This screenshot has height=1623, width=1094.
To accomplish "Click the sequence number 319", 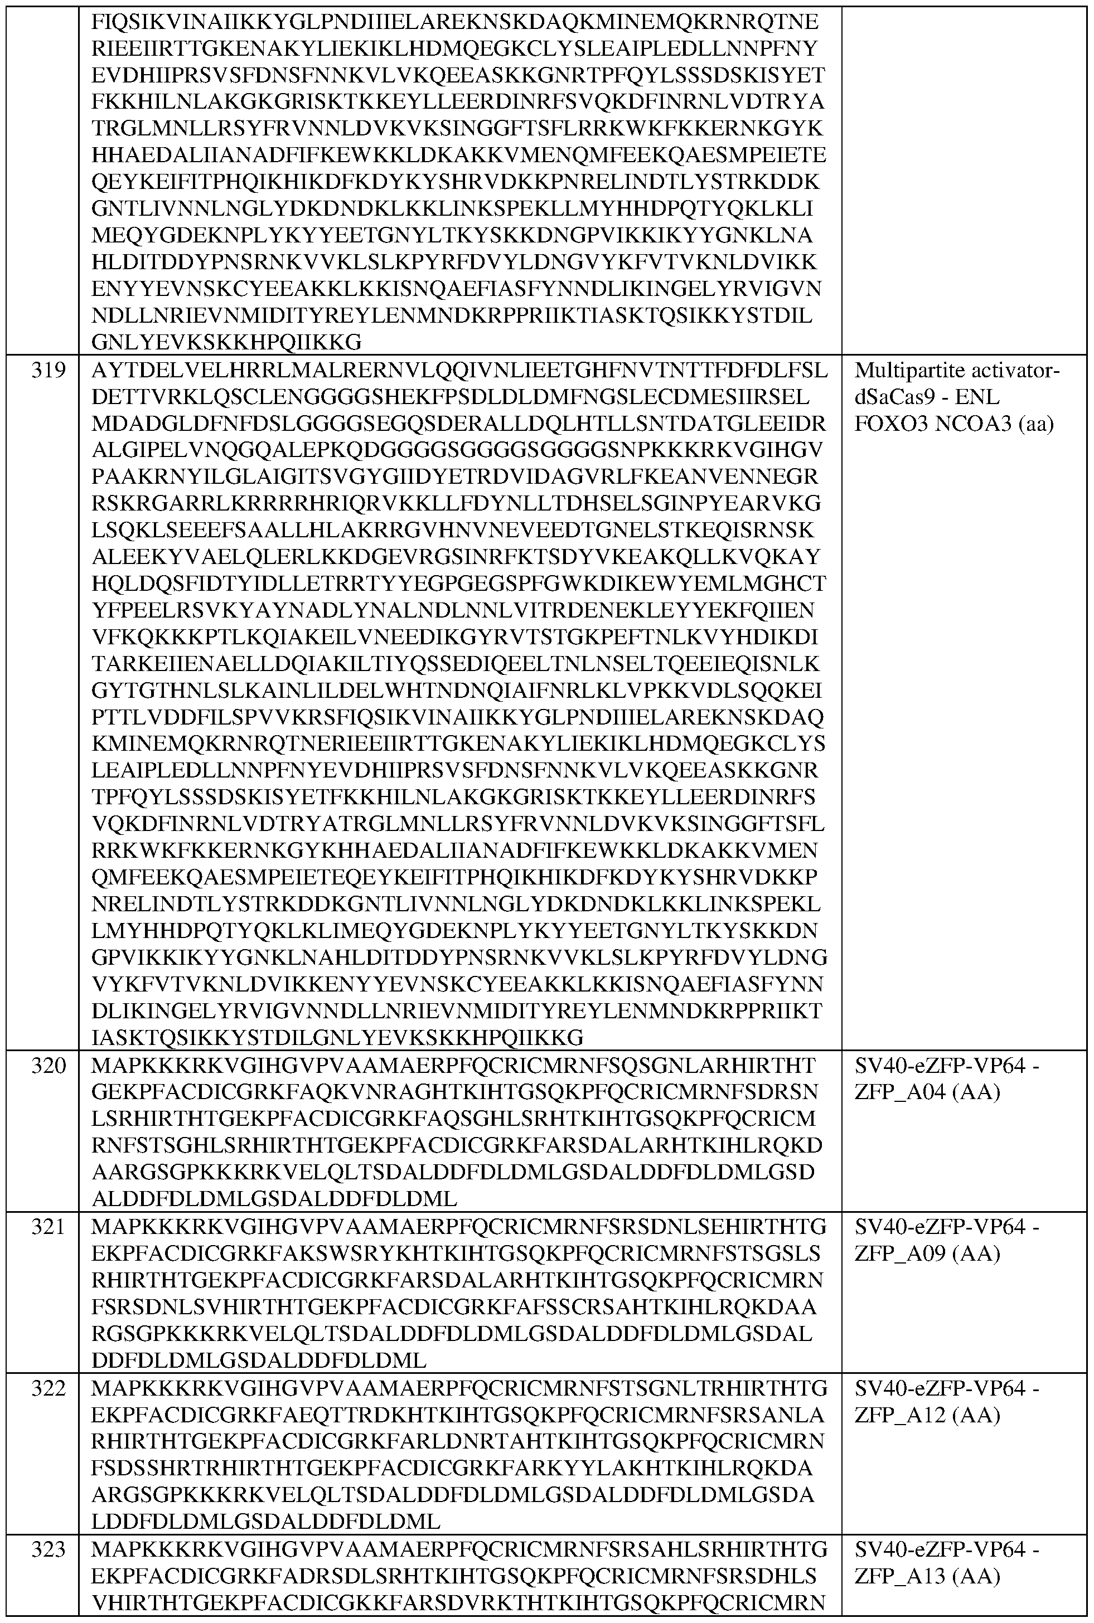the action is [48, 370].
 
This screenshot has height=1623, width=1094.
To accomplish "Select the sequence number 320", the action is [48, 1065].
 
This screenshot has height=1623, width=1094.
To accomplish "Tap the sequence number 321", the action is [48, 1226].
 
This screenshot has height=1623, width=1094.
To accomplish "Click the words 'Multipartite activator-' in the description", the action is [956, 370].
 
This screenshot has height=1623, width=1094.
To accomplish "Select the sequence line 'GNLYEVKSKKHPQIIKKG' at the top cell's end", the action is [227, 342].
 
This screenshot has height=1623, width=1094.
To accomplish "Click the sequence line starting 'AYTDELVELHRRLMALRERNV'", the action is [459, 370].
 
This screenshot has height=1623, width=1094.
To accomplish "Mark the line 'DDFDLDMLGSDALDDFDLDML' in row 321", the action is [259, 1360].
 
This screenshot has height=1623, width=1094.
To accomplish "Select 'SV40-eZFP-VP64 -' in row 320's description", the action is [947, 1065].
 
